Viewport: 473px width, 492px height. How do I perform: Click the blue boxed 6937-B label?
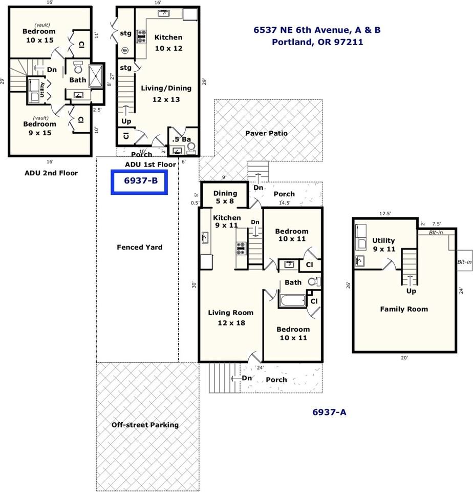pyautogui.click(x=139, y=182)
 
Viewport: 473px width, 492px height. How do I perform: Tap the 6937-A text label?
pyautogui.click(x=330, y=412)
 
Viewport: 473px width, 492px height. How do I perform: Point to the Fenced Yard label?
pyautogui.click(x=139, y=247)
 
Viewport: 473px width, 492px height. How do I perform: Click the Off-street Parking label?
pyautogui.click(x=145, y=425)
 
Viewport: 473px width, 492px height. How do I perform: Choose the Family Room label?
pyautogui.click(x=403, y=309)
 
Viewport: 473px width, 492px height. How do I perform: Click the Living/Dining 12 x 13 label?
pyautogui.click(x=166, y=94)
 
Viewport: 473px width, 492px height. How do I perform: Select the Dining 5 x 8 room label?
pyautogui.click(x=225, y=197)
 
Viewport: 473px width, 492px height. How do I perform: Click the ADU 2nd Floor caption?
pyautogui.click(x=51, y=173)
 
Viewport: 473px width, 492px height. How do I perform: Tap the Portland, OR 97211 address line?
pyautogui.click(x=317, y=42)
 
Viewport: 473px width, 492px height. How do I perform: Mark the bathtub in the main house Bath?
pyautogui.click(x=292, y=300)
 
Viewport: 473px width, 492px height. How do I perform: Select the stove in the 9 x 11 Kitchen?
pyautogui.click(x=241, y=248)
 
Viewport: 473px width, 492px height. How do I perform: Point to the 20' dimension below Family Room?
pyautogui.click(x=404, y=358)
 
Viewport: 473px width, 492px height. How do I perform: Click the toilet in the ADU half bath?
pyautogui.click(x=191, y=148)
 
